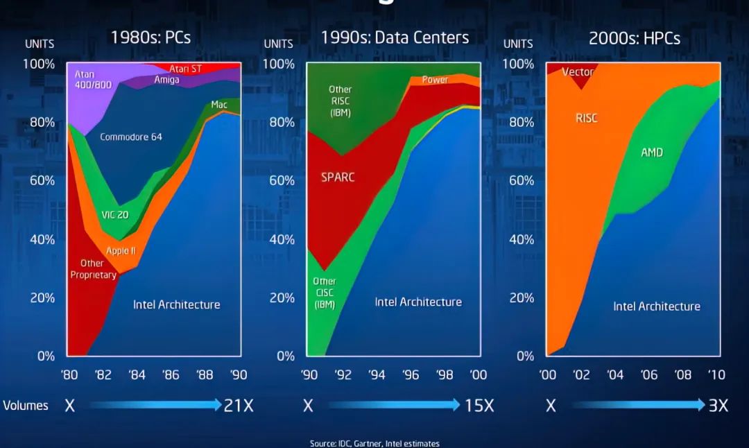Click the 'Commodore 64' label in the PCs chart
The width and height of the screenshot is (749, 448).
pos(131,137)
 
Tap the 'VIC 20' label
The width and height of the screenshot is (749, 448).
pos(115,215)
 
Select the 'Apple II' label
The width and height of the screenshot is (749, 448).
pos(121,250)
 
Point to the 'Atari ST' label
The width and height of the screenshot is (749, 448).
pos(185,69)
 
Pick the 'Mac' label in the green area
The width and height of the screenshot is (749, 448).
pos(219,105)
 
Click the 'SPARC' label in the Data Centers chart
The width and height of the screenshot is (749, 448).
pos(338,177)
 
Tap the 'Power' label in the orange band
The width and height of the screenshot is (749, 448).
pos(435,80)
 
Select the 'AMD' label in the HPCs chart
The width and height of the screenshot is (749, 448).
pos(651,152)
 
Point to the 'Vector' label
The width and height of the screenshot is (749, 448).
pos(578,72)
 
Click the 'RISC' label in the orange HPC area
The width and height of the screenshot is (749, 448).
pos(586,118)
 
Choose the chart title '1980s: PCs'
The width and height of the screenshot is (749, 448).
pos(150,37)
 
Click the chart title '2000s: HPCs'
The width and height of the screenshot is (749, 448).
pos(635,38)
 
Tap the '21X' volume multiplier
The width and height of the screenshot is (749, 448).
pos(239,406)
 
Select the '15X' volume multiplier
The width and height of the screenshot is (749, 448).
pos(479,406)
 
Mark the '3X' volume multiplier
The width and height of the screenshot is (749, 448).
pos(718,406)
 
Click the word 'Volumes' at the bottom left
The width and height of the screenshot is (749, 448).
pos(26,406)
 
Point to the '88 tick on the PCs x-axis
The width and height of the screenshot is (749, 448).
pos(204,375)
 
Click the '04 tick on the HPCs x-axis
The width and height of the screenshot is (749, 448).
pos(615,375)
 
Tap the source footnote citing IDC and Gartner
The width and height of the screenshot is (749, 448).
pos(374,443)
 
